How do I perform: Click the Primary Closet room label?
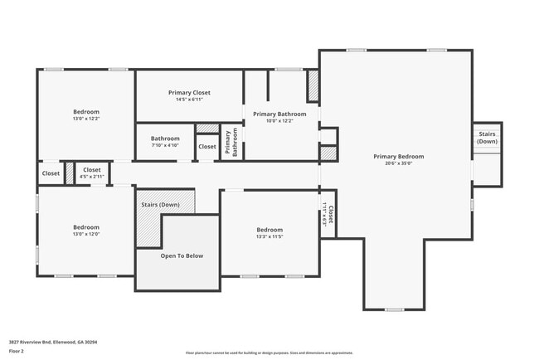point(189,92)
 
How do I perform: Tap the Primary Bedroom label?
point(398,156)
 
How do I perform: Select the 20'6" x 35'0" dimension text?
point(398,163)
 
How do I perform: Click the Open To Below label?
point(182,255)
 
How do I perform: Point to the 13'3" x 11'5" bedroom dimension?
point(269,236)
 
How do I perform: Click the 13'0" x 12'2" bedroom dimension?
point(85,119)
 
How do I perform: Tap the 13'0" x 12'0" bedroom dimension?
point(85,234)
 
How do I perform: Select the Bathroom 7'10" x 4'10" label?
point(165,142)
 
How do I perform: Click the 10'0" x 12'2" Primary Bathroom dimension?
point(279,121)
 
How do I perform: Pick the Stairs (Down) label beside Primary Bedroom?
point(487,137)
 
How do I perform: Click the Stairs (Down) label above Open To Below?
point(160,204)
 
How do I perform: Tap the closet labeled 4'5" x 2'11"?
point(91,173)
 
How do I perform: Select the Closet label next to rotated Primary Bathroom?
point(206,147)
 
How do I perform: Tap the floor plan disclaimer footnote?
point(269,353)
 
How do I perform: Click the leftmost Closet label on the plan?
point(51,173)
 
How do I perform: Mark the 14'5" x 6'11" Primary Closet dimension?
point(189,99)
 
